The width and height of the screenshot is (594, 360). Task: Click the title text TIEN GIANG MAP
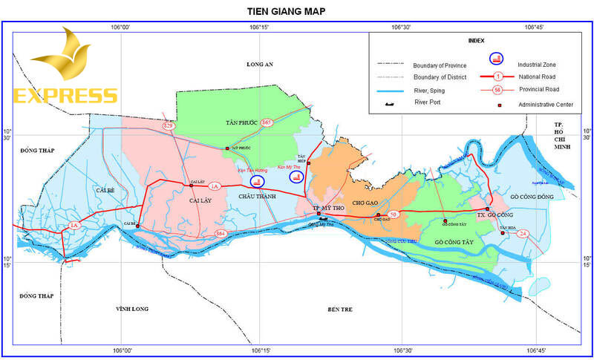click(x=286, y=11)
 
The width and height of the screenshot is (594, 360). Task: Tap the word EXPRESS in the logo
click(x=65, y=96)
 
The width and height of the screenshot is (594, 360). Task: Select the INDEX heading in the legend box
click(x=476, y=40)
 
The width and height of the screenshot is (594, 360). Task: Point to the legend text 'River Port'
click(x=430, y=102)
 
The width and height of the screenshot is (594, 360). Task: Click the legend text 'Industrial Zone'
click(x=537, y=64)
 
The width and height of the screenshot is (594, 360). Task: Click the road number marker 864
click(x=221, y=235)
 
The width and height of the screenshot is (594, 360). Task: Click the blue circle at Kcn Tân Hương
click(x=257, y=180)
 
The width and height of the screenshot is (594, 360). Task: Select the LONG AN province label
click(x=260, y=65)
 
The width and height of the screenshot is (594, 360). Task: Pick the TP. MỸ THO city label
click(x=328, y=208)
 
